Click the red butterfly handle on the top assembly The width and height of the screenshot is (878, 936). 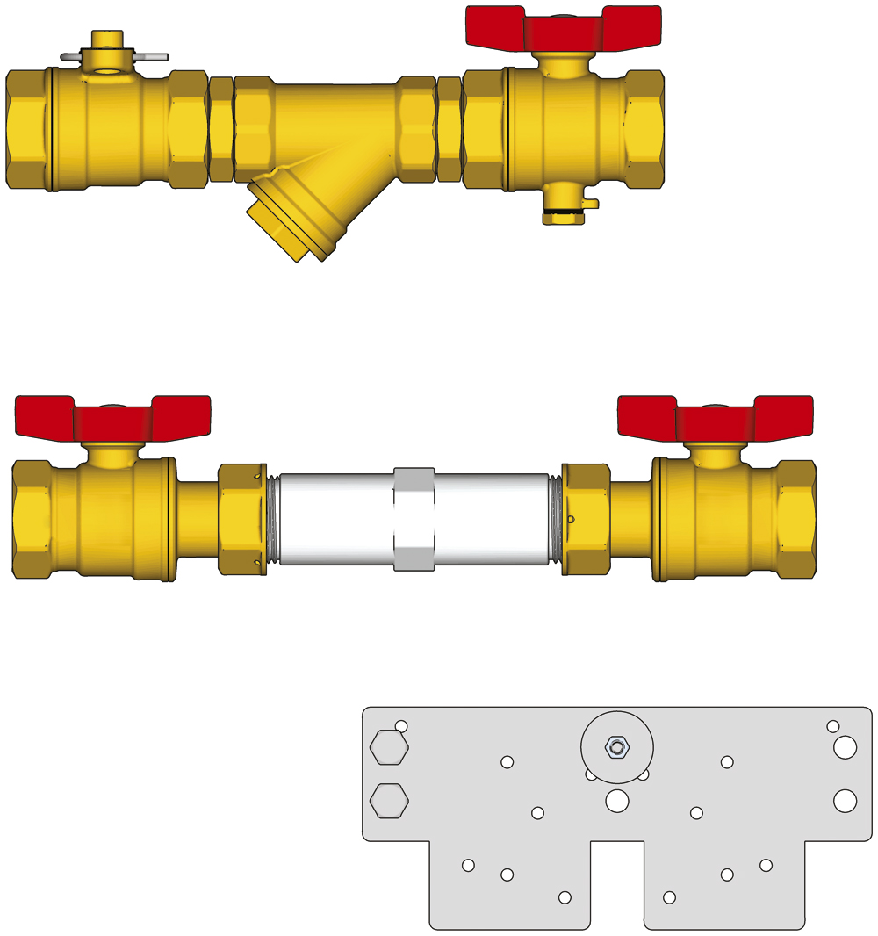point(563,28)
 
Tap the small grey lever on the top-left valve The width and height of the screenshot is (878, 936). point(114,57)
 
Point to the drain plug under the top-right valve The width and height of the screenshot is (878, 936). point(563,211)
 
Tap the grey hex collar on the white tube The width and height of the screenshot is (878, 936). point(414,519)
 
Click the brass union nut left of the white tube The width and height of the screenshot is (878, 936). point(241,519)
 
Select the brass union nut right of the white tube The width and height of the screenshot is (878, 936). point(586,519)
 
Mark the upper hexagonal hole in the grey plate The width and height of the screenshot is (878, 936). point(389,748)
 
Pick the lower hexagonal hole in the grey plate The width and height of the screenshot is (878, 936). point(389,801)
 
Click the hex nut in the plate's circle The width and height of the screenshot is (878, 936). point(617,747)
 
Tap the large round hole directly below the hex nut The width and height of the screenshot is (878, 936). point(617,800)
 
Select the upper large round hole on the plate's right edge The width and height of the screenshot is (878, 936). point(846,747)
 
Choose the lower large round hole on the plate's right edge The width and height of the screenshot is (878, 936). point(846,800)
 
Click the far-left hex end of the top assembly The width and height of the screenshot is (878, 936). point(29,128)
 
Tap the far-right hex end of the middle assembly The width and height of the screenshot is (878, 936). point(796,519)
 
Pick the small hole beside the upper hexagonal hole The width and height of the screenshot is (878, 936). point(401,726)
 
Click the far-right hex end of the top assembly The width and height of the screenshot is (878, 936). point(645,128)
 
